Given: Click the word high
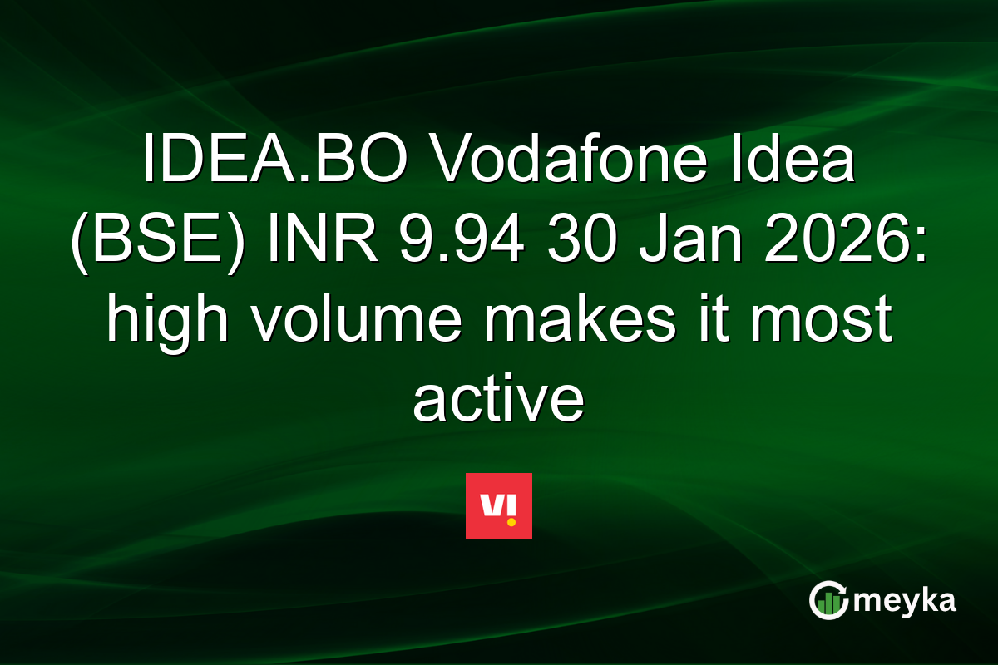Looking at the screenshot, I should pyautogui.click(x=165, y=320).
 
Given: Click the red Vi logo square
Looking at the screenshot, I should pyautogui.click(x=499, y=506).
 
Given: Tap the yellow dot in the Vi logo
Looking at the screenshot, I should pyautogui.click(x=511, y=521).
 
